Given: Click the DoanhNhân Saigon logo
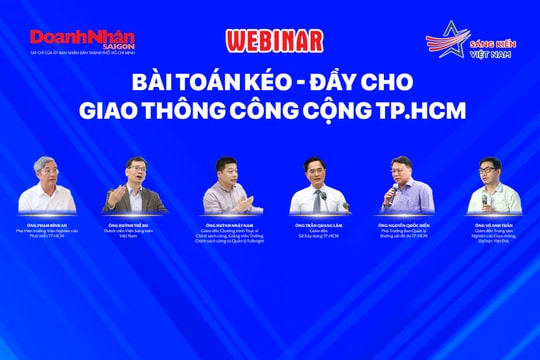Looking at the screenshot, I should (x=81, y=39).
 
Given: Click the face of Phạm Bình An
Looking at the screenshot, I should (x=47, y=176).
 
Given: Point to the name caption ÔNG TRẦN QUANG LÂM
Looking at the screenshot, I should (x=316, y=226).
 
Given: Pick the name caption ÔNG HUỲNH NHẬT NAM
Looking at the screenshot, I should (x=225, y=227).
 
